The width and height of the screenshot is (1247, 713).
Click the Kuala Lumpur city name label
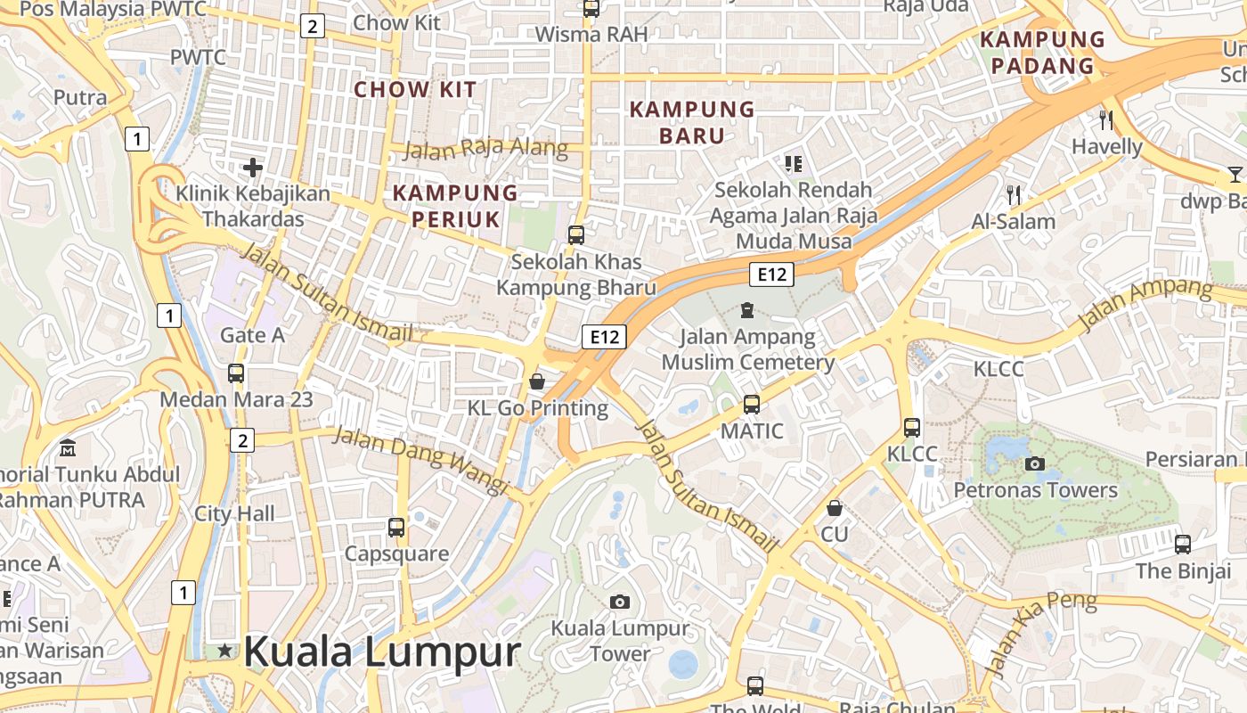[381, 652]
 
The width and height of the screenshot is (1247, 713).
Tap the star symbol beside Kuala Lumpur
[224, 652]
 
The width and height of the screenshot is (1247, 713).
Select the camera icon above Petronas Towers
[1035, 463]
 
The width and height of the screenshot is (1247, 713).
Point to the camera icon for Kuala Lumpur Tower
[620, 602]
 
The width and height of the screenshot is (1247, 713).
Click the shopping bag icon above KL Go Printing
[537, 381]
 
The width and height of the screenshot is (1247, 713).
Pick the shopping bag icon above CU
[835, 508]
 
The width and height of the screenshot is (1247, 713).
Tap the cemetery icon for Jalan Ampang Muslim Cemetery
[746, 310]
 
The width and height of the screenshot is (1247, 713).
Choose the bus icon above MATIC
[752, 405]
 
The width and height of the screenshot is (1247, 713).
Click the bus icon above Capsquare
[396, 527]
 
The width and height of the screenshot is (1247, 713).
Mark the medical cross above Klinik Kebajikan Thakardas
[253, 167]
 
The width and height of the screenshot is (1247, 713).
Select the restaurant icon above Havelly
[1106, 119]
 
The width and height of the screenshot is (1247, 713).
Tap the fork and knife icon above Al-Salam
[1013, 194]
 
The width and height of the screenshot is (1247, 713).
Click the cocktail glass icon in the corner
[1235, 174]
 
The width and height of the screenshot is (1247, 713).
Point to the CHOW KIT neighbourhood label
[415, 89]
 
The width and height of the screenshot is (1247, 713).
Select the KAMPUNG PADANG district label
[1042, 53]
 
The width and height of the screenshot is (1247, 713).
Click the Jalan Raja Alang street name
[485, 149]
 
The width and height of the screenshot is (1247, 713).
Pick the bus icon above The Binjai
[1183, 544]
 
